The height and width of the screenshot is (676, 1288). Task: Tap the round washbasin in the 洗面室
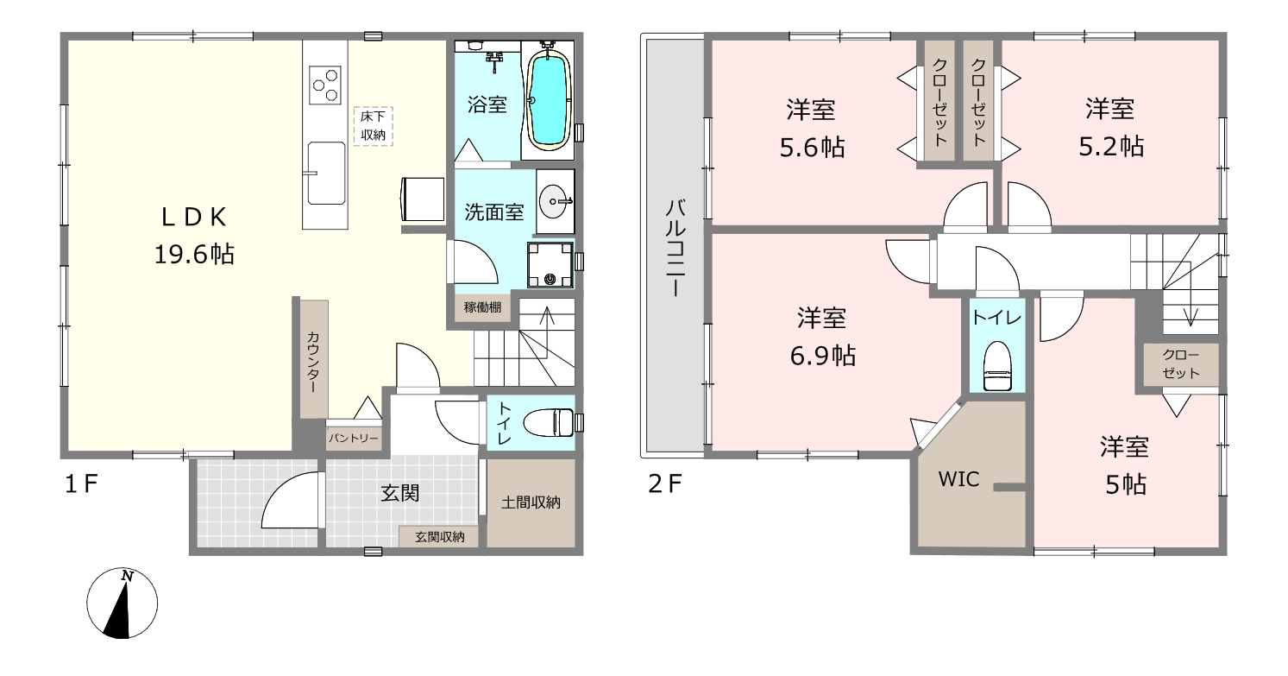tap(554, 201)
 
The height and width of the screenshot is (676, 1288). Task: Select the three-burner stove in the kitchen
tap(325, 85)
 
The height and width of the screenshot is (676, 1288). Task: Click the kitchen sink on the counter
tap(326, 173)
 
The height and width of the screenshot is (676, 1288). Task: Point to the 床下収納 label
tap(373, 126)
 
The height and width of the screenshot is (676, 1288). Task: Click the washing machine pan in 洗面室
tap(550, 265)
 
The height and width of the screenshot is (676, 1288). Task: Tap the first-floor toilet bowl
tap(549, 423)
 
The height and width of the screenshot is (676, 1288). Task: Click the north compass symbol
tap(122, 603)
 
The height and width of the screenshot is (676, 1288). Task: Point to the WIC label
tap(958, 479)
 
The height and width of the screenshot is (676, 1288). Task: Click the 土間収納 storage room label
tap(531, 502)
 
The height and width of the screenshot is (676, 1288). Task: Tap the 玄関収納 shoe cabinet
tap(439, 537)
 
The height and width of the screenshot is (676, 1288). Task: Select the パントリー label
tap(354, 439)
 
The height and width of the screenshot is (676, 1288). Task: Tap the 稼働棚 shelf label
tap(482, 307)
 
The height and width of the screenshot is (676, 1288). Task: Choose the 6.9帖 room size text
tap(823, 356)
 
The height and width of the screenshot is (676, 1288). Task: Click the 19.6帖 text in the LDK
tap(194, 255)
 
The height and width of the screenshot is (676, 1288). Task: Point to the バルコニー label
tap(675, 248)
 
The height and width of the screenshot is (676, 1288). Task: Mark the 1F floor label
tap(81, 483)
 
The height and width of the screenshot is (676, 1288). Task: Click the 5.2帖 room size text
tap(1111, 147)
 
